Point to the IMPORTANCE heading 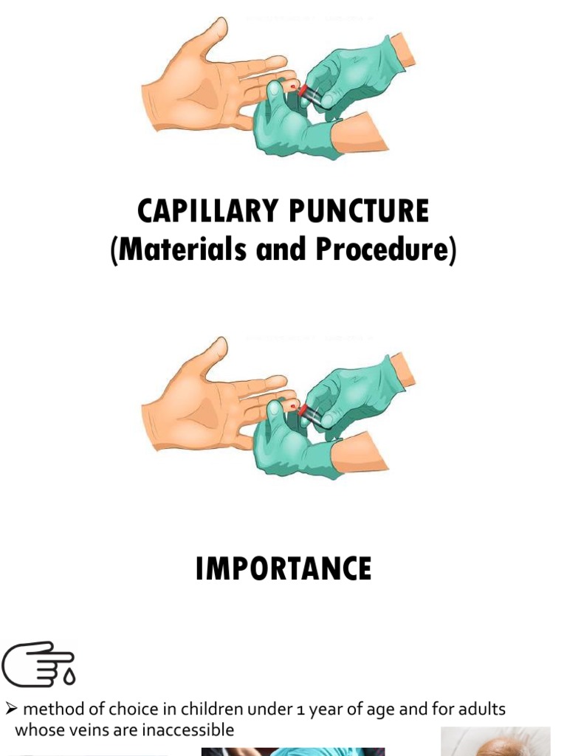click(283, 569)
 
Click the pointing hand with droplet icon click(38, 663)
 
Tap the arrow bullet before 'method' click(11, 709)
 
